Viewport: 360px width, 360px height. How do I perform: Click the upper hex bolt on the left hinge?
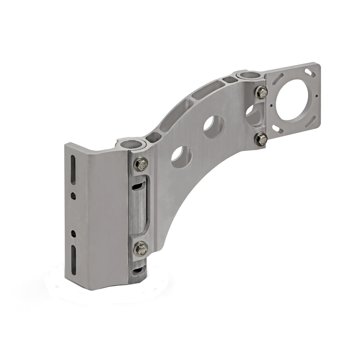click(141, 163)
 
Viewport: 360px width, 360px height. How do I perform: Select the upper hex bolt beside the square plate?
click(261, 92)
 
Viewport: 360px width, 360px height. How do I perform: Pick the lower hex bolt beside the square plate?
click(261, 139)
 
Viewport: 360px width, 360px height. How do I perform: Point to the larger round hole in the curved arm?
click(214, 127)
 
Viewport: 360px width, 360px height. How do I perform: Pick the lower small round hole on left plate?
click(73, 233)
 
